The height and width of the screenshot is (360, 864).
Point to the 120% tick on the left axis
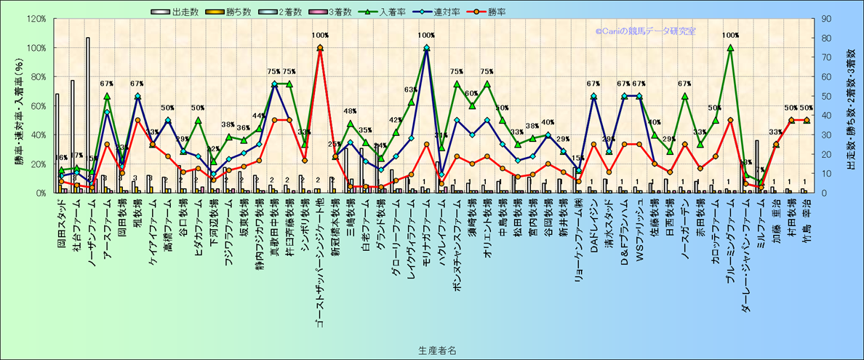(x=36, y=19)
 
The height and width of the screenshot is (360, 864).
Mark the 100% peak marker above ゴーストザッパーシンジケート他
(x=320, y=48)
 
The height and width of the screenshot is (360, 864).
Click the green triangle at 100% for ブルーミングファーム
(x=730, y=48)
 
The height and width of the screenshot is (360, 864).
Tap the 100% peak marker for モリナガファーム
(x=426, y=48)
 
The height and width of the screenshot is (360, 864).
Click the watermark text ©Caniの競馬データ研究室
(x=645, y=31)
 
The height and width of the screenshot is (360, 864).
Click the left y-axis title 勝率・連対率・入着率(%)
(x=19, y=105)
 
